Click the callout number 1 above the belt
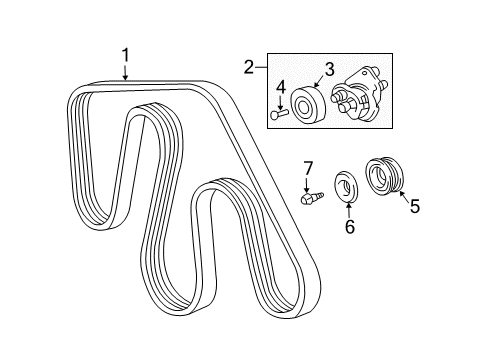click(126, 54)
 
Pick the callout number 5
click(414, 208)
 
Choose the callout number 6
click(350, 228)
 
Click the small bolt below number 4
click(279, 115)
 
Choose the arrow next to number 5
click(402, 198)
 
